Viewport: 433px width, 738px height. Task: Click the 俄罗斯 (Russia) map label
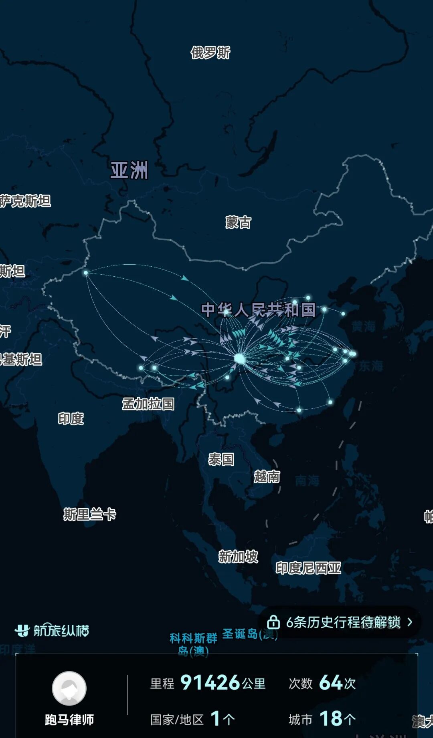[x=210, y=52]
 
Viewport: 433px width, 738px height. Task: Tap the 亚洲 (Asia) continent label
[x=129, y=170]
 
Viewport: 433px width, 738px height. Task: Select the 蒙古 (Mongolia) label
[x=238, y=222]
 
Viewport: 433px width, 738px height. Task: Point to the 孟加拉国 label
[x=148, y=404]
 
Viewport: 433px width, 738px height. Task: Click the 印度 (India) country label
[x=71, y=419]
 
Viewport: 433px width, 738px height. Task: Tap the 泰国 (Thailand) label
[x=221, y=459]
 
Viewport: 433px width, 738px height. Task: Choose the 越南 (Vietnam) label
[x=267, y=477]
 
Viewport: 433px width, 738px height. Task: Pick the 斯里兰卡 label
[x=89, y=514]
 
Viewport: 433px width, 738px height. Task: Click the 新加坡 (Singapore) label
[x=238, y=557]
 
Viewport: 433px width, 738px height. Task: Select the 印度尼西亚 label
[x=308, y=568]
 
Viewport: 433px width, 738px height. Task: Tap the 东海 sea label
[x=371, y=366]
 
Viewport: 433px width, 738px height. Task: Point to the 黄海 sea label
[x=363, y=326]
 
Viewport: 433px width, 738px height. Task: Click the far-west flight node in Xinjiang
[x=86, y=273]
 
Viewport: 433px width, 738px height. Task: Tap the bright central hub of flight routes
[x=240, y=358]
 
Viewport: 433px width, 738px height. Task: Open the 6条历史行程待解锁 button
[x=343, y=622]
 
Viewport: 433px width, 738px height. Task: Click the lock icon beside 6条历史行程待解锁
[x=273, y=622]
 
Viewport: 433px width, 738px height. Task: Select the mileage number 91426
[x=210, y=683]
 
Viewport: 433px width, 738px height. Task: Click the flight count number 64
[x=330, y=683]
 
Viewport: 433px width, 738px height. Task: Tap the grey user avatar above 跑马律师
[x=69, y=688]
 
